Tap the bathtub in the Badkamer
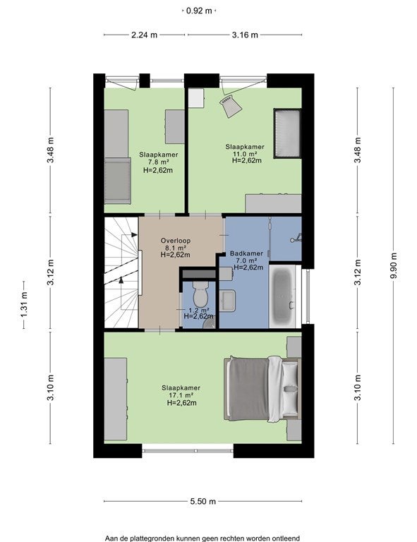(x=283, y=296)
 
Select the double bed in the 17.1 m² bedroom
(x=262, y=390)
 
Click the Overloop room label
(x=176, y=241)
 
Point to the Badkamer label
(x=246, y=253)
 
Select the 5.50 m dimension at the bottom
(x=203, y=501)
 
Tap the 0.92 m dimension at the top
(x=199, y=11)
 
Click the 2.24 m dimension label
(x=145, y=35)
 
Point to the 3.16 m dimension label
(x=245, y=35)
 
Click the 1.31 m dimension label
(x=24, y=305)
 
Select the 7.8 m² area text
(x=159, y=162)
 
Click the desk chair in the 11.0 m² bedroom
(x=231, y=105)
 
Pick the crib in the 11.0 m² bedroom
(x=287, y=133)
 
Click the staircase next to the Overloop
(x=121, y=272)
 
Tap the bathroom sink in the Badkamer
(x=227, y=301)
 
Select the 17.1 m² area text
(x=181, y=395)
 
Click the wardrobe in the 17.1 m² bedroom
(x=116, y=399)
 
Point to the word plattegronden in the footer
(x=151, y=538)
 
